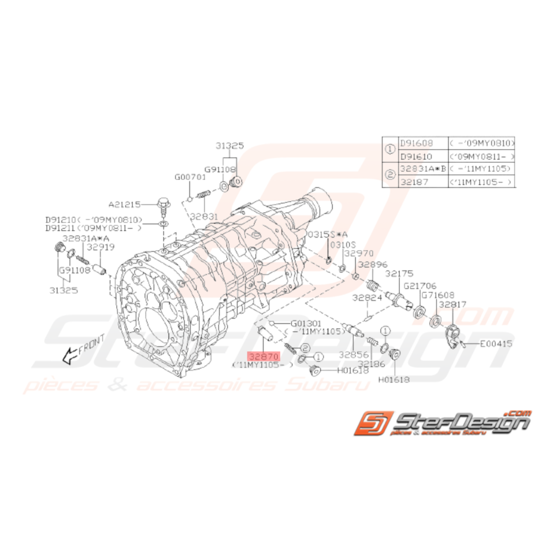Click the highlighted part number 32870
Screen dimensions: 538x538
click(x=264, y=358)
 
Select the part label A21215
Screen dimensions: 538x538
click(x=124, y=204)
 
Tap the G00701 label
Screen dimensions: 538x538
click(x=190, y=177)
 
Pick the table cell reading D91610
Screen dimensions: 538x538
click(x=417, y=156)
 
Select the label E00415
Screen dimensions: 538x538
click(x=496, y=343)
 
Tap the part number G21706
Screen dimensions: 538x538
click(x=420, y=285)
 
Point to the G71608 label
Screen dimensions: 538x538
click(x=437, y=294)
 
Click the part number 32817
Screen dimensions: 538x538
click(x=452, y=303)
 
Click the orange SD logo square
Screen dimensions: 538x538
click(x=374, y=424)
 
